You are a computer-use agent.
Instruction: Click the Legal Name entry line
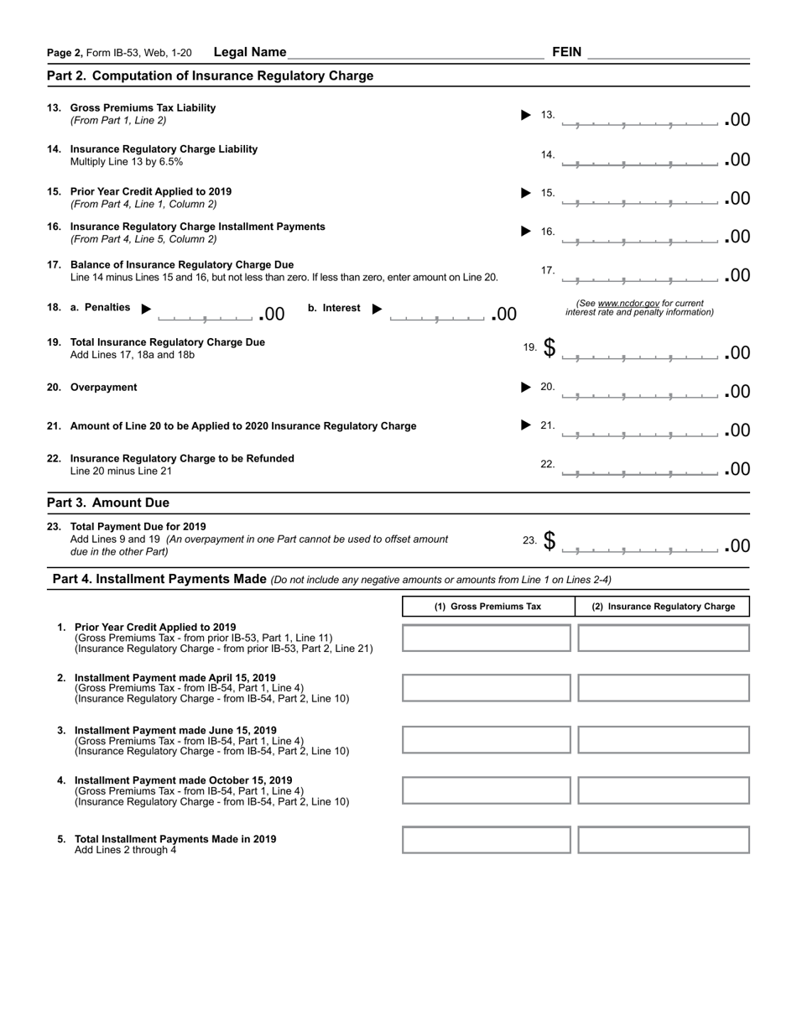tap(415, 53)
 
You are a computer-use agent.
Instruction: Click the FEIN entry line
tap(668, 53)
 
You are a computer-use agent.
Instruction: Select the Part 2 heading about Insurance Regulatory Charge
tap(210, 76)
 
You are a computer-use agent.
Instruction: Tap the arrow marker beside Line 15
tap(526, 193)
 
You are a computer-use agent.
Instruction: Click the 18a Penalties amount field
tap(206, 314)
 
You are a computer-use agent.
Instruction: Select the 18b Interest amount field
tap(437, 314)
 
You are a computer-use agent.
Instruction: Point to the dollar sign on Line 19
tap(550, 347)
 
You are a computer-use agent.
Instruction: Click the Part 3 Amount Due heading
tap(108, 503)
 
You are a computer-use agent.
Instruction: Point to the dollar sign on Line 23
tap(550, 541)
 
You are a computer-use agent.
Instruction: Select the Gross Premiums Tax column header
tap(487, 607)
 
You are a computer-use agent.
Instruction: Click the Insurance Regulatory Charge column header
tap(663, 607)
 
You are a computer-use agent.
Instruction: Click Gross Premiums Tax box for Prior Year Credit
tap(487, 638)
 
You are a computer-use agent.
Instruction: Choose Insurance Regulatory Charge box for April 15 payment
tap(664, 688)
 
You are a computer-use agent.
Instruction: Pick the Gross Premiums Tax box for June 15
tap(487, 740)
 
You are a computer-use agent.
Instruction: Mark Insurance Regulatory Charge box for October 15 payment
tap(664, 790)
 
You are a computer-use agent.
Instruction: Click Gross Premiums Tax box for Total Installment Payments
tap(487, 840)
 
